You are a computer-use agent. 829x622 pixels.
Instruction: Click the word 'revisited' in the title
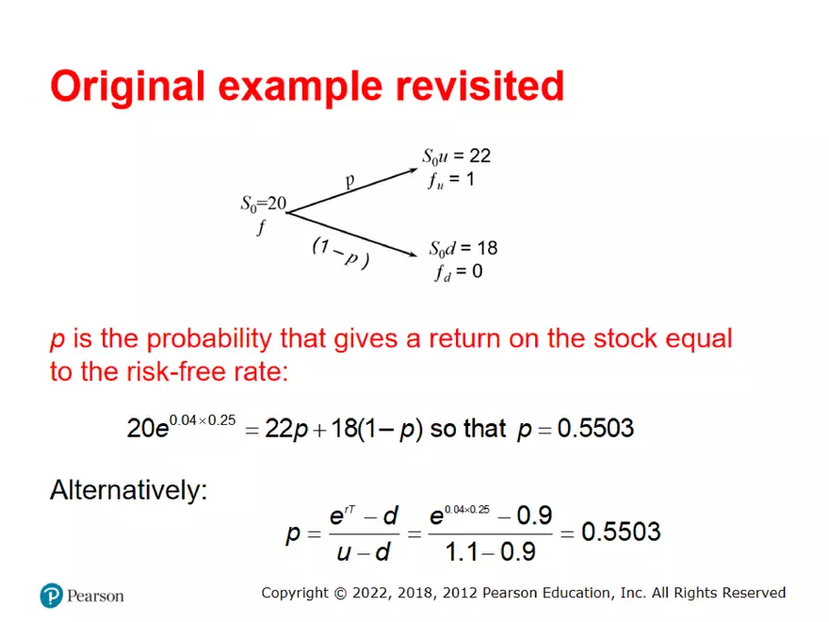[474, 86]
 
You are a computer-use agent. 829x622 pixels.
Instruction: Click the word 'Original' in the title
[127, 86]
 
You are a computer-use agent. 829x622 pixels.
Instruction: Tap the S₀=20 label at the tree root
[263, 203]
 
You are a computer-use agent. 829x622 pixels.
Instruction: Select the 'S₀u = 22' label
[456, 156]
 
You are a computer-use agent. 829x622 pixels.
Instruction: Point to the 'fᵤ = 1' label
[450, 179]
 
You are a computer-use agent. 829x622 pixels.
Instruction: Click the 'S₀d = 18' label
[463, 249]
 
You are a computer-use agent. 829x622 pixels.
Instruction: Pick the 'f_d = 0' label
[458, 273]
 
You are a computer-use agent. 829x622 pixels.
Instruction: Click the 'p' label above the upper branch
[349, 181]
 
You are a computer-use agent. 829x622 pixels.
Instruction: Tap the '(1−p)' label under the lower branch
[340, 253]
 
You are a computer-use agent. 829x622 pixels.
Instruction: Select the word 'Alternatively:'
[128, 490]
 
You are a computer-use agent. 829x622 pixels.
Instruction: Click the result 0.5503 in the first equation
[595, 429]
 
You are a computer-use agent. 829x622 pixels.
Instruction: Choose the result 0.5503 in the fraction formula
[621, 532]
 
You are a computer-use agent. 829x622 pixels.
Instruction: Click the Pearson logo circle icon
[51, 595]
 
